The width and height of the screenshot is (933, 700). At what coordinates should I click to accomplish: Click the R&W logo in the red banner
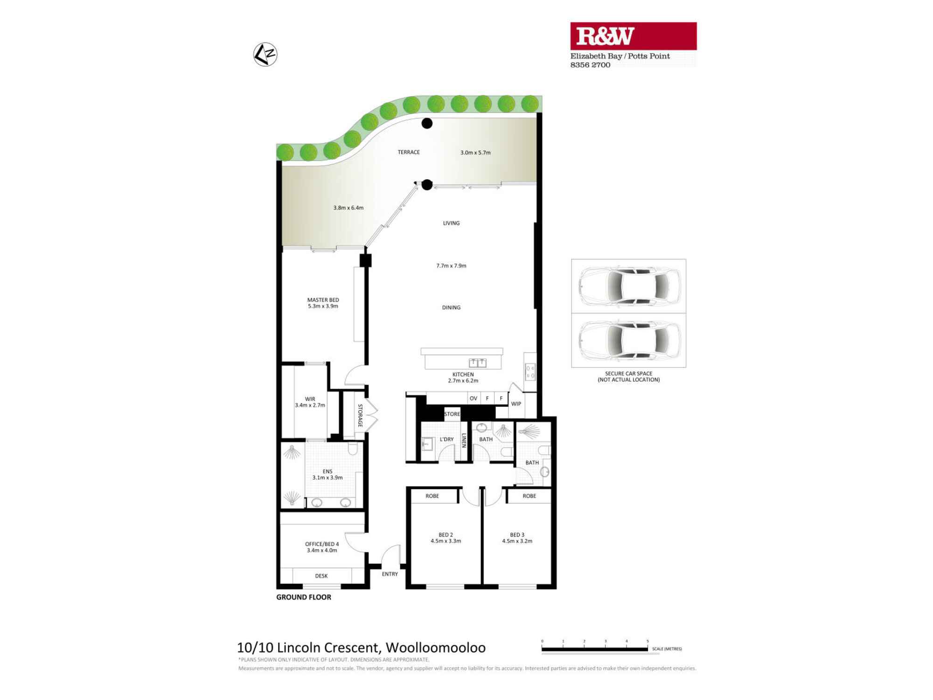tap(605, 36)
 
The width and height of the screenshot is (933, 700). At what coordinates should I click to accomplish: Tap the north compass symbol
tap(265, 55)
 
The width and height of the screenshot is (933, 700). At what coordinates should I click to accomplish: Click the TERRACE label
tap(409, 152)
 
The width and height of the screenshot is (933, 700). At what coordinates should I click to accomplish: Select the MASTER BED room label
tap(323, 300)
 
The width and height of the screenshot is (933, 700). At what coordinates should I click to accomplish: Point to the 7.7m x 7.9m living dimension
tap(451, 266)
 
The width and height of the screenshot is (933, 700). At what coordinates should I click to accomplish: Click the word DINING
tap(451, 308)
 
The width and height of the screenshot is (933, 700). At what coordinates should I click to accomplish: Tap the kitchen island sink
tap(477, 363)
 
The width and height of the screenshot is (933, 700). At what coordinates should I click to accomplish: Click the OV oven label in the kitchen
tap(473, 399)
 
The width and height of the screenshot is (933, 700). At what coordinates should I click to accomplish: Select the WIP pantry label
tap(516, 404)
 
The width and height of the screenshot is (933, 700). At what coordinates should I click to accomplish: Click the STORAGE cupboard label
tap(360, 415)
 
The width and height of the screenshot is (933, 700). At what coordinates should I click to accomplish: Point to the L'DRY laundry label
tap(446, 440)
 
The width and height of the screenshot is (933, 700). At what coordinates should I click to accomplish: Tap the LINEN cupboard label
tap(464, 441)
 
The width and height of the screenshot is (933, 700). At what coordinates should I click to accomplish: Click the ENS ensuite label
tap(327, 472)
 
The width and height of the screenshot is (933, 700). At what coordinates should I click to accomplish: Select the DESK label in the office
tap(321, 576)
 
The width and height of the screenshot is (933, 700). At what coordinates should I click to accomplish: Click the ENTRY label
tap(390, 574)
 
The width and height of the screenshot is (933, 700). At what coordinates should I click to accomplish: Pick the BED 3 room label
tap(517, 535)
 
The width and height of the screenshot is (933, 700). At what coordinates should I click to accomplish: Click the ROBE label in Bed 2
tap(432, 496)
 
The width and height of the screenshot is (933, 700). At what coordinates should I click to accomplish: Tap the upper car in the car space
tap(629, 286)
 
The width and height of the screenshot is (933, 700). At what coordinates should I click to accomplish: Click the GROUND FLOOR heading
tap(304, 597)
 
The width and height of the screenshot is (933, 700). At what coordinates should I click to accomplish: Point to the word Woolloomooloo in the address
tap(435, 648)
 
